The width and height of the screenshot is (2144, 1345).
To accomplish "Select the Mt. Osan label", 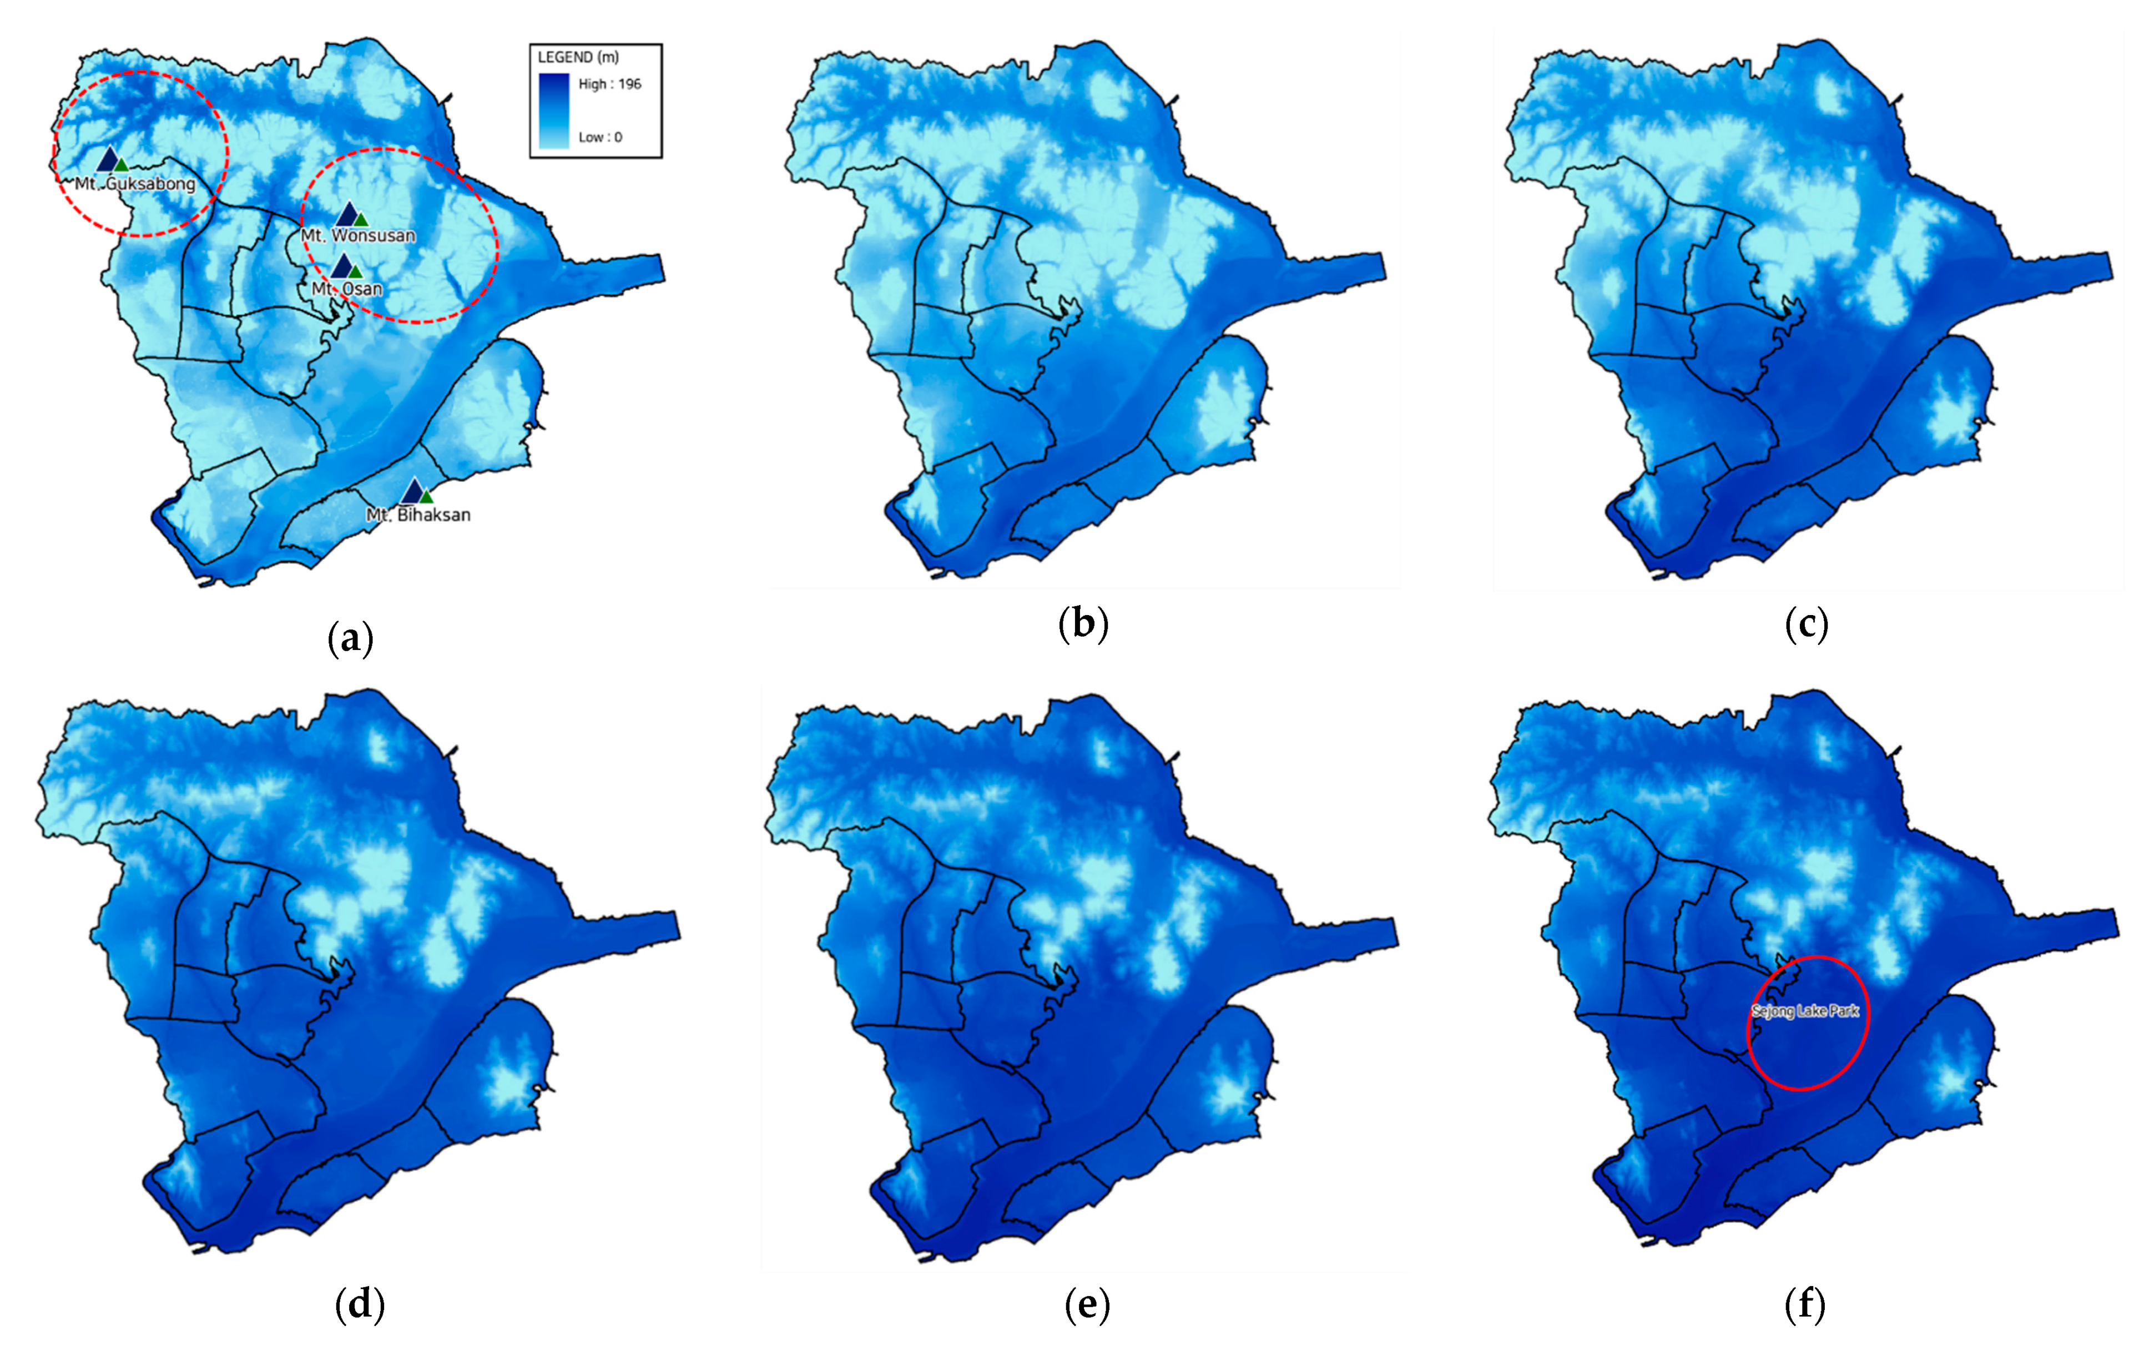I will [x=347, y=289].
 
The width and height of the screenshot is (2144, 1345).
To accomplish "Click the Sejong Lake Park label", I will [x=1805, y=1011].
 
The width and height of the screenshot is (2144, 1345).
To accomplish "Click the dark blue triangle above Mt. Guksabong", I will [x=108, y=159].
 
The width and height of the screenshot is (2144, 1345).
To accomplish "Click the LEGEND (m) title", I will [x=577, y=57].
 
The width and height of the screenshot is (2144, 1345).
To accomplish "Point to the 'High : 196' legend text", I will [x=609, y=84].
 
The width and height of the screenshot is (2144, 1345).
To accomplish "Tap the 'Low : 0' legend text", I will [x=601, y=137].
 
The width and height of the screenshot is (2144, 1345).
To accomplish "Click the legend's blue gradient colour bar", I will [x=553, y=110].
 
